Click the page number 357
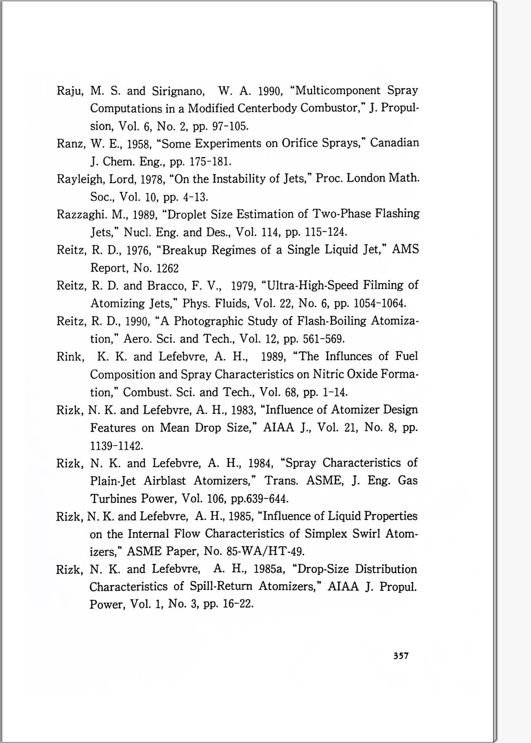pos(401,656)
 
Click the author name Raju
pos(70,91)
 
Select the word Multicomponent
pos(335,90)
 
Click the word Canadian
pos(394,143)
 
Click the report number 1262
pos(168,269)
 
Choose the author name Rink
pos(70,357)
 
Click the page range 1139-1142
pos(116,446)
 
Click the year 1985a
pos(269,569)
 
